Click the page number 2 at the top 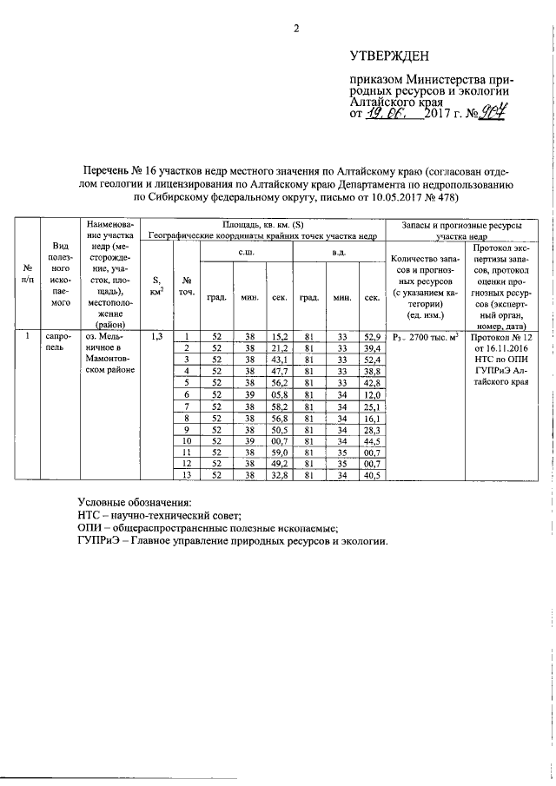[x=295, y=28]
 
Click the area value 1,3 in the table [x=156, y=335]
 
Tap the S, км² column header [x=156, y=286]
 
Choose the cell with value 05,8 [x=279, y=393]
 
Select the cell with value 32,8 [x=279, y=475]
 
